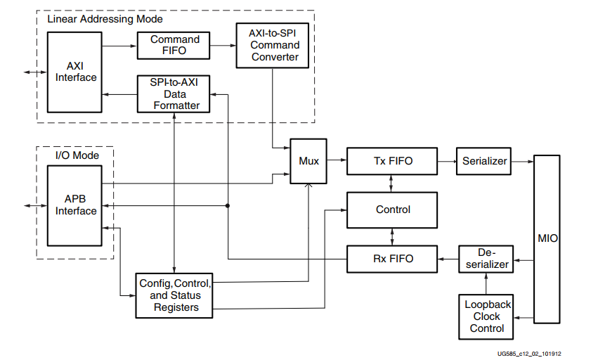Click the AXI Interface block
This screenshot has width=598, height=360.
76,71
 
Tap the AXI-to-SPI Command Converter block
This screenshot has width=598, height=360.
271,45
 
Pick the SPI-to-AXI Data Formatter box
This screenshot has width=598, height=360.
174,94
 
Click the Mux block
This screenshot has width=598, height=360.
308,161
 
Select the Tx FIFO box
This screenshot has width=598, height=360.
392,161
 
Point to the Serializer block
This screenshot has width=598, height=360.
484,161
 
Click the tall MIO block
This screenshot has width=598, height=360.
547,238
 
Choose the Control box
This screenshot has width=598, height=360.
392,210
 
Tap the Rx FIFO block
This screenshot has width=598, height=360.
392,258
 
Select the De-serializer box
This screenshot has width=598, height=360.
486,258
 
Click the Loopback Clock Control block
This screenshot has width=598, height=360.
487,316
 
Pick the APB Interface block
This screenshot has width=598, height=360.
76,205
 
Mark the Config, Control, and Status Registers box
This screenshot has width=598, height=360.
174,295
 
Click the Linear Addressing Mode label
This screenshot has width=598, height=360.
105,19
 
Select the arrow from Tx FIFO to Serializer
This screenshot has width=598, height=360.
446,161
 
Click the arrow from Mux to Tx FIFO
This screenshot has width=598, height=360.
337,161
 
